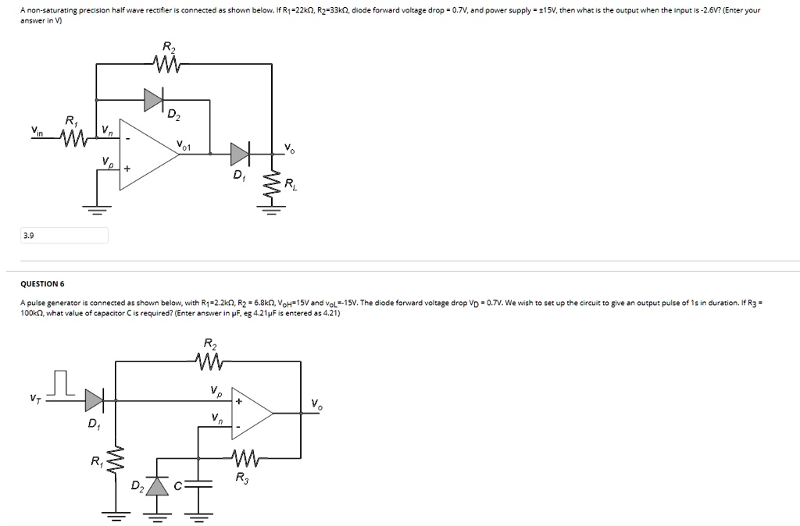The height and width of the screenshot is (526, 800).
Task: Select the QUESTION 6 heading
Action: pos(43,284)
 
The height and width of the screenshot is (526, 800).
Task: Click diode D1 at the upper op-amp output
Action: pos(240,154)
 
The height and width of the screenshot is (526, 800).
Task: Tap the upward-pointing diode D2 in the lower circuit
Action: pos(159,485)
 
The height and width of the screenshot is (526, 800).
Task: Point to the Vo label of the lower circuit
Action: pos(315,404)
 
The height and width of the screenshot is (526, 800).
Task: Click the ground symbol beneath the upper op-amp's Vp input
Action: pos(96,208)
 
